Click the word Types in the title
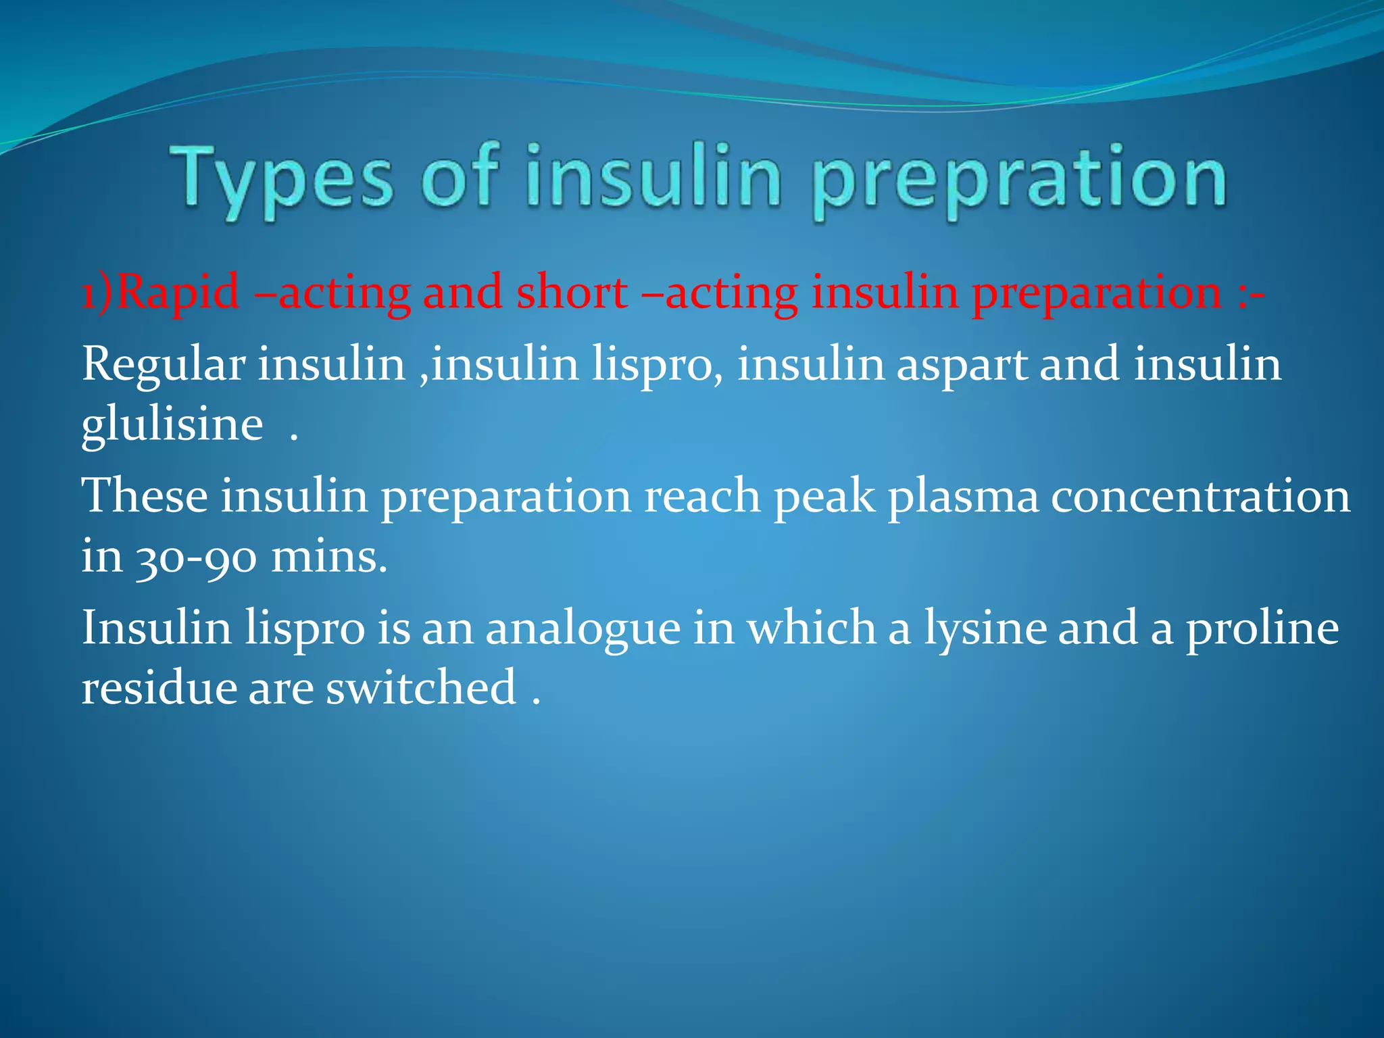(x=281, y=179)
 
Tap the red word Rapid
(x=180, y=293)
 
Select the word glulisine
(x=172, y=426)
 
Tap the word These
(x=145, y=495)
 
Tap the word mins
(x=329, y=558)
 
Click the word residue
(x=159, y=687)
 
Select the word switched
(x=421, y=687)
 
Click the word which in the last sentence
(x=811, y=627)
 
